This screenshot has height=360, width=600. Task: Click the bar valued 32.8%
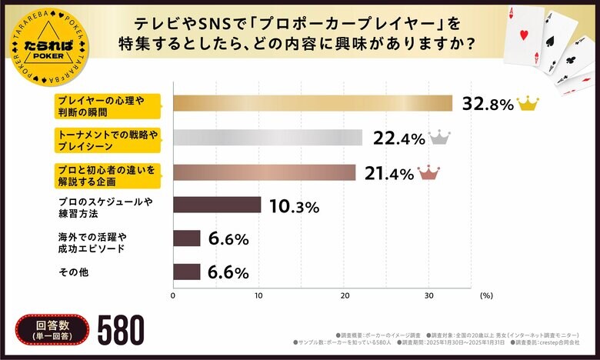312,103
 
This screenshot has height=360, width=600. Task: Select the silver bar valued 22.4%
268,138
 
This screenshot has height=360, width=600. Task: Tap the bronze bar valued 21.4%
265,172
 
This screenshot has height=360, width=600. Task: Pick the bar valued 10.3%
217,205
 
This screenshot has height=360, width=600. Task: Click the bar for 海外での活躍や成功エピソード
187,238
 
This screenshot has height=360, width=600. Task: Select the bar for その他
187,272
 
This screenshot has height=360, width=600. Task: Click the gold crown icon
528,103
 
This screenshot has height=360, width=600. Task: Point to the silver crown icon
438,137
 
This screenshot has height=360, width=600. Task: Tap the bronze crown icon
428,172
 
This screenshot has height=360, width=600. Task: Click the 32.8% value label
487,105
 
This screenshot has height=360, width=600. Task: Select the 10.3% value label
293,206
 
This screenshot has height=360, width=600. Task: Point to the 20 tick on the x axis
346,295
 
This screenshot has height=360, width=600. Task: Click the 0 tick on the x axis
173,295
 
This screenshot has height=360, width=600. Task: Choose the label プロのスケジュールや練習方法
105,205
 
